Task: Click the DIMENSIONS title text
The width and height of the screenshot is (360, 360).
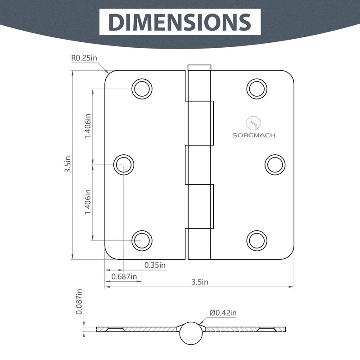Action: pyautogui.click(x=180, y=22)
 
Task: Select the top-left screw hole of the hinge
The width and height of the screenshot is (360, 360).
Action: pyautogui.click(x=142, y=88)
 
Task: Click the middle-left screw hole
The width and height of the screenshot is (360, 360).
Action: pyautogui.click(x=123, y=165)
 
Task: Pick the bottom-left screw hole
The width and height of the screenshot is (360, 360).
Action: pyautogui.click(x=142, y=241)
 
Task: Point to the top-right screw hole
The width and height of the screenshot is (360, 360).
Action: pyautogui.click(x=256, y=88)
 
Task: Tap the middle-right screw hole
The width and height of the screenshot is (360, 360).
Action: pyautogui.click(x=275, y=165)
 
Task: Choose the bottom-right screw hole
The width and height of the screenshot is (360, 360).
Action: pyautogui.click(x=256, y=241)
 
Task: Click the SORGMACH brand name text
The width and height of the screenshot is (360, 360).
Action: pyautogui.click(x=254, y=135)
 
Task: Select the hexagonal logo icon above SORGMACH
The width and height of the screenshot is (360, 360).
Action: pyautogui.click(x=253, y=123)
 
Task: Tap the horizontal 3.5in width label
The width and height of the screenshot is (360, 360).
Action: pyautogui.click(x=200, y=282)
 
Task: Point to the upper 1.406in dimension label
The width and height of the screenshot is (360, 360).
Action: pyautogui.click(x=88, y=126)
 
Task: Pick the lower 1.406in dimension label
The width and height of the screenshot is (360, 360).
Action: pyautogui.click(x=88, y=202)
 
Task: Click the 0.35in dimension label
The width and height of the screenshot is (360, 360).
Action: pyautogui.click(x=155, y=265)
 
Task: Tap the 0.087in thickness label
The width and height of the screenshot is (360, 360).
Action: pyautogui.click(x=79, y=301)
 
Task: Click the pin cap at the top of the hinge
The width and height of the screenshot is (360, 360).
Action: pyautogui.click(x=199, y=68)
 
